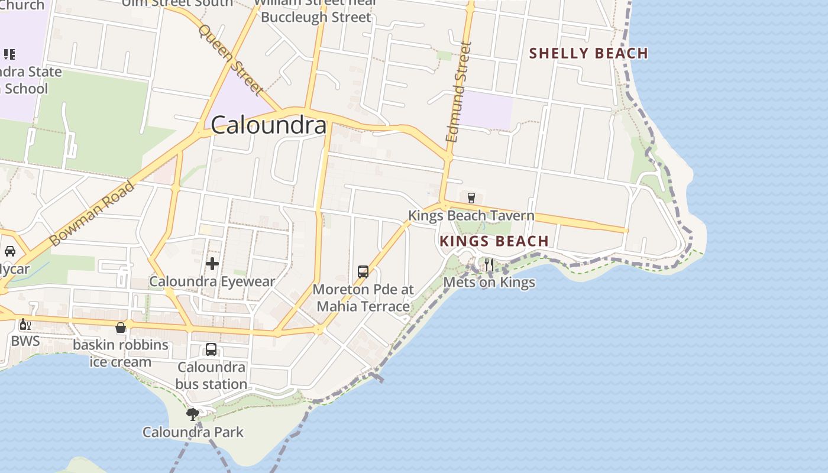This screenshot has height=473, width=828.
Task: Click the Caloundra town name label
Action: [x=269, y=125]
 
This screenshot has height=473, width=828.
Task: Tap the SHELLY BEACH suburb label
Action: [x=588, y=53]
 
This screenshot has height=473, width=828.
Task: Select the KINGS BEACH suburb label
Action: [x=494, y=241]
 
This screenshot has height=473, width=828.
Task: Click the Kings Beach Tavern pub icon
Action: [x=471, y=197]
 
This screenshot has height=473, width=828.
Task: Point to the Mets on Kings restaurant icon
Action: [x=489, y=264]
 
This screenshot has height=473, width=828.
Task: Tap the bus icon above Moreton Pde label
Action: [x=363, y=272]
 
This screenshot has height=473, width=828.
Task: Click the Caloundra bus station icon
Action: [x=211, y=349]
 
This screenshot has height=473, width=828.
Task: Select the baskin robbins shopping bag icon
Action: [x=121, y=328]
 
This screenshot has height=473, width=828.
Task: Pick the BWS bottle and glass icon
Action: [x=25, y=324]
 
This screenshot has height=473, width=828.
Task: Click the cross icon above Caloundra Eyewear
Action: [x=212, y=264]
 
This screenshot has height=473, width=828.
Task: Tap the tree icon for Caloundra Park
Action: [x=192, y=414]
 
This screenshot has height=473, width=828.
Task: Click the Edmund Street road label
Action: [x=460, y=92]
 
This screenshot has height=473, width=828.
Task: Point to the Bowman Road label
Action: [x=92, y=214]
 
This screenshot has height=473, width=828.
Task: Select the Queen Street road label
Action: [x=231, y=59]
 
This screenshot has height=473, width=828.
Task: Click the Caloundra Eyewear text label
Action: [x=212, y=281]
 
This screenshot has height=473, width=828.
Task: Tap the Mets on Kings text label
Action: [x=489, y=283]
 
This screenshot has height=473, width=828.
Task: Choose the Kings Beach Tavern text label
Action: [x=471, y=216]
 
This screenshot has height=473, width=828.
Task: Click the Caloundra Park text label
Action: [x=193, y=432]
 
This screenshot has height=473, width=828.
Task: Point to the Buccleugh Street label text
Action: [x=316, y=17]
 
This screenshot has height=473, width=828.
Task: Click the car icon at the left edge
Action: [x=10, y=251]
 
